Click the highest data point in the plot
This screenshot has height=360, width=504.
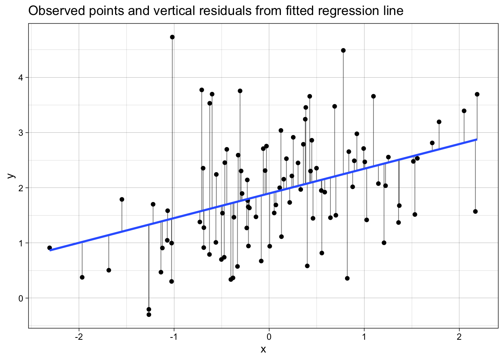click(x=172, y=37)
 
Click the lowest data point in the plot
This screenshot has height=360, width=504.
click(x=149, y=315)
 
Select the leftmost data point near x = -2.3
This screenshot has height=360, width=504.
click(x=49, y=248)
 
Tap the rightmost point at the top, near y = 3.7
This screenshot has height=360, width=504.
click(x=477, y=94)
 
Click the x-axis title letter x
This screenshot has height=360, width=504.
click(x=263, y=349)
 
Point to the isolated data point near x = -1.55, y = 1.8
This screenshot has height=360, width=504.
click(x=122, y=199)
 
